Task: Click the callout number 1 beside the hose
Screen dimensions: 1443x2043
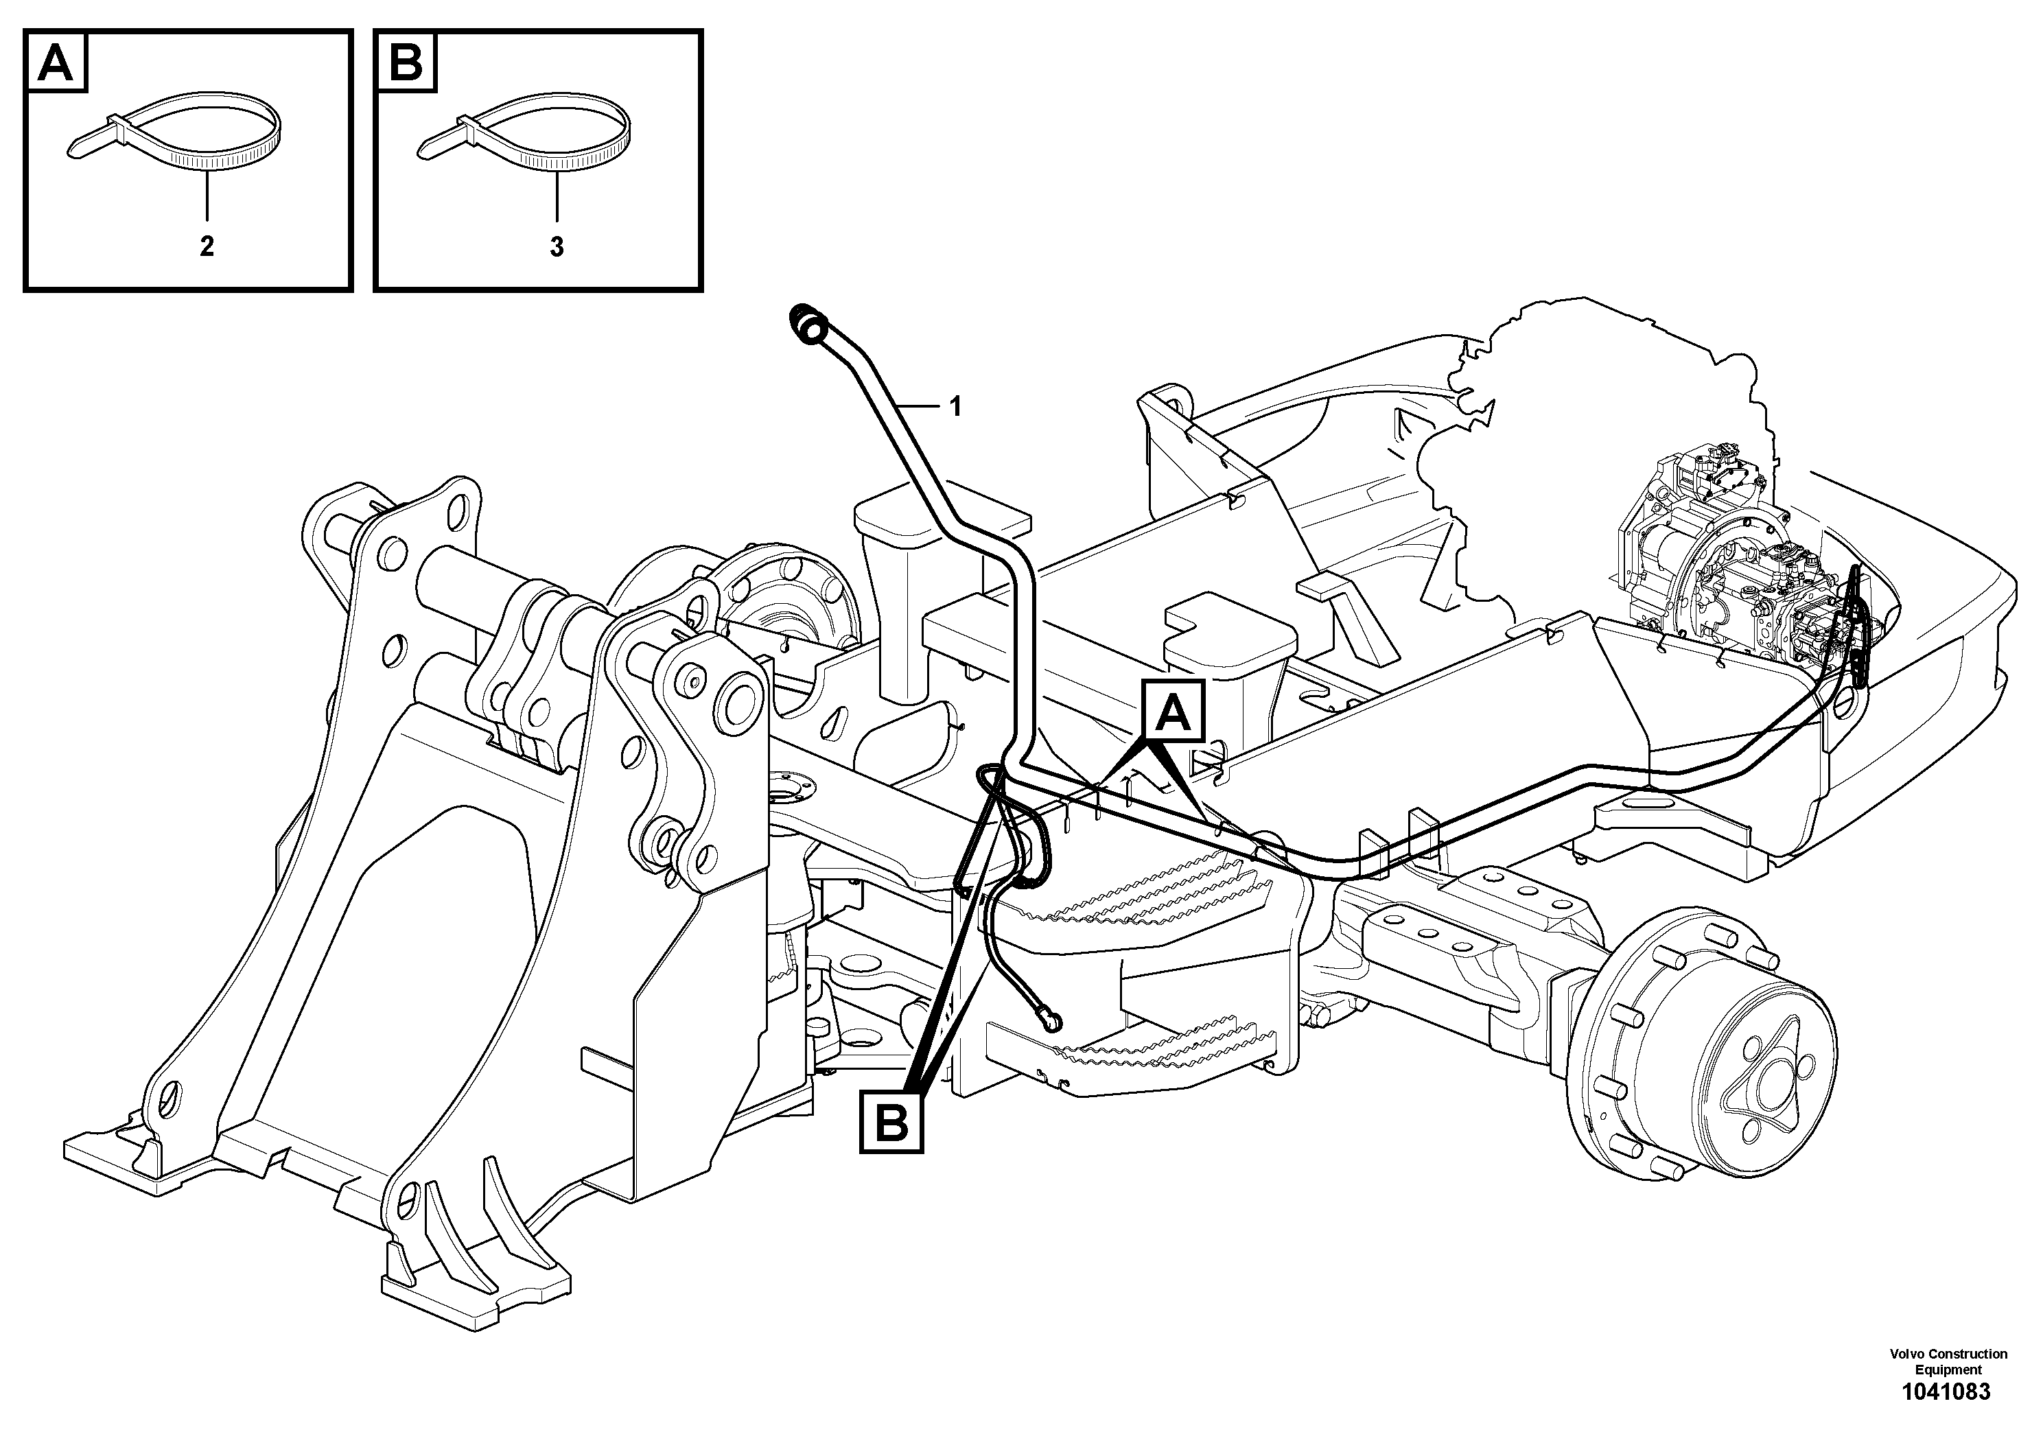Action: [x=955, y=408]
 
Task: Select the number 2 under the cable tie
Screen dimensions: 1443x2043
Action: [x=207, y=246]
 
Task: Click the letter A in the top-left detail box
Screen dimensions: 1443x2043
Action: [x=56, y=63]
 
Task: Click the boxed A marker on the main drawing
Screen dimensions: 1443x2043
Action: [x=1174, y=713]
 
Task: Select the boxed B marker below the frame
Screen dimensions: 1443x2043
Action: [x=891, y=1125]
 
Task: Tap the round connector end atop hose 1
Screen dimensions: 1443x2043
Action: [x=810, y=325]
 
